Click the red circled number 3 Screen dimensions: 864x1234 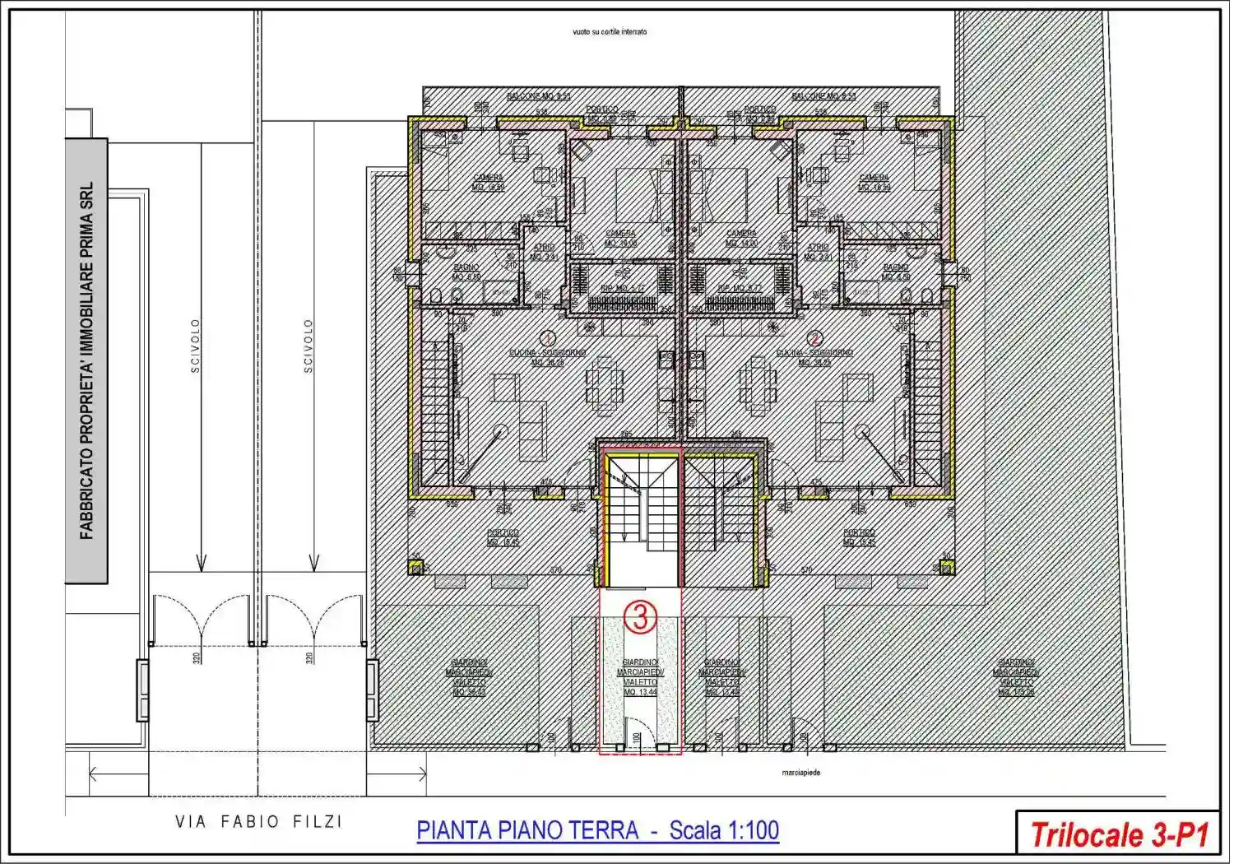(640, 617)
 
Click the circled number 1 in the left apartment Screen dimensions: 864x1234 (547, 337)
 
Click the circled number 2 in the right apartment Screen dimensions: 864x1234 (815, 337)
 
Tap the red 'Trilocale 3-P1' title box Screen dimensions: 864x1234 (1119, 834)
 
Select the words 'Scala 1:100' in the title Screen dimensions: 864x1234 (724, 830)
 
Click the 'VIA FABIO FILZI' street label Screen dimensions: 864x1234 (258, 821)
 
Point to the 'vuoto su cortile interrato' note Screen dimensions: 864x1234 (610, 32)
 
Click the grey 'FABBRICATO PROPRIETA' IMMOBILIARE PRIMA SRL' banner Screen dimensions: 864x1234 (86, 360)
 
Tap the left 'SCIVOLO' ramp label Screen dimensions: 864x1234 (195, 346)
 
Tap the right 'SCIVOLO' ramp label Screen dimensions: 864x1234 (308, 346)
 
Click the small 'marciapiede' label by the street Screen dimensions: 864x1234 (800, 773)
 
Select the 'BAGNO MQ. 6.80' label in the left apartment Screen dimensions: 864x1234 (466, 272)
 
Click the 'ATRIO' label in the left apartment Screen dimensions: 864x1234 (544, 251)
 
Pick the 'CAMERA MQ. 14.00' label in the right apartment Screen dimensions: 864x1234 (741, 238)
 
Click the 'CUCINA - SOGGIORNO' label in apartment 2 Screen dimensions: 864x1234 (814, 357)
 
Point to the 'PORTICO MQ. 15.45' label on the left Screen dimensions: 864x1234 (503, 537)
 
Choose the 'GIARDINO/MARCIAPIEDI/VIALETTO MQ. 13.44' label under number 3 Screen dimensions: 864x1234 (640, 677)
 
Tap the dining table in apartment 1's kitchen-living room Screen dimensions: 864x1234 (605, 383)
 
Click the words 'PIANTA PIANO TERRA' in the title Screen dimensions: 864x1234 (527, 830)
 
